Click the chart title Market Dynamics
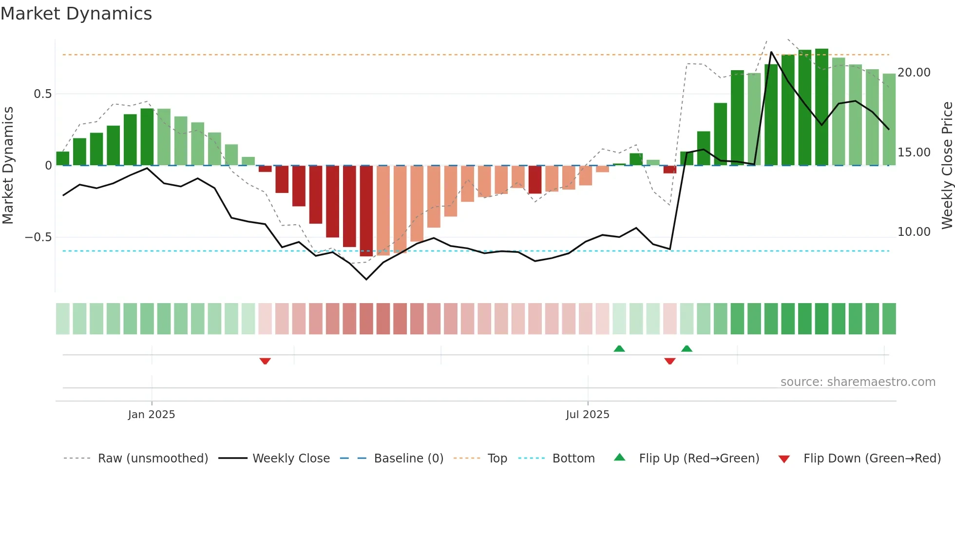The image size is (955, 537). point(76,14)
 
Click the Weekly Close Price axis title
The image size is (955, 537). point(947,165)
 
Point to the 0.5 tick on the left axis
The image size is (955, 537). point(43,94)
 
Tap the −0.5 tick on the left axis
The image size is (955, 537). point(38,237)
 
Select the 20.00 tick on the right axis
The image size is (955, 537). point(914,73)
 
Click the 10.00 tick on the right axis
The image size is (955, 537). point(914,232)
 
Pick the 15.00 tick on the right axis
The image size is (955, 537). point(914,153)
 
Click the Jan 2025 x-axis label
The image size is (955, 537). point(152,415)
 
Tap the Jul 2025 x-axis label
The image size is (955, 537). point(588,415)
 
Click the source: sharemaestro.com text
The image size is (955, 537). point(858,382)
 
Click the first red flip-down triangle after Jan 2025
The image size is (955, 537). point(265,361)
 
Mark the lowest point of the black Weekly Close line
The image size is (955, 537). point(366,279)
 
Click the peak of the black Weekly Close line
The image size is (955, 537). point(771,52)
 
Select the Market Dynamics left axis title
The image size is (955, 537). point(8,165)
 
